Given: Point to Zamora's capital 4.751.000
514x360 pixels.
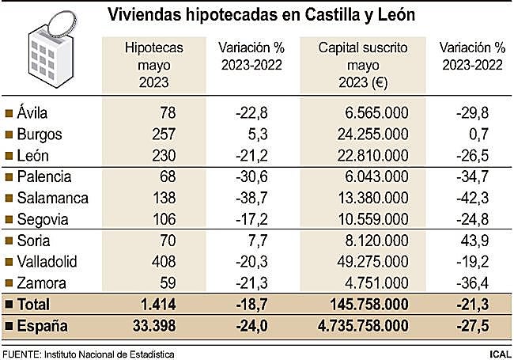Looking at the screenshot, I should click(380, 282).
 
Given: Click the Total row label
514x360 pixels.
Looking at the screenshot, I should click(34, 304).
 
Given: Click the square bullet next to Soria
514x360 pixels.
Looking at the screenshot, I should click(9, 240).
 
